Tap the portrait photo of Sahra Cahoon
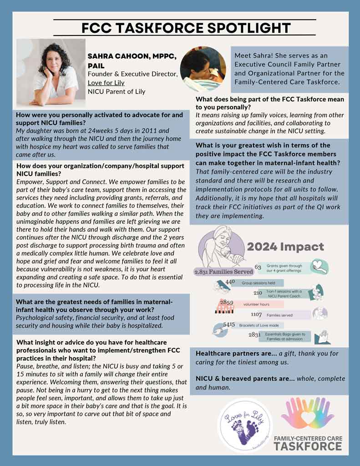point(51,73)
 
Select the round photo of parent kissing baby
point(203,70)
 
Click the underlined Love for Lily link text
point(106,83)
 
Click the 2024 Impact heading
point(285,247)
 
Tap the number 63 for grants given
point(258,267)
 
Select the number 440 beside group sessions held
point(230,283)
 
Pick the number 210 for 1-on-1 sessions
point(258,293)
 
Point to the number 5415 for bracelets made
point(229,325)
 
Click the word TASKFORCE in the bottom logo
point(308,446)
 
